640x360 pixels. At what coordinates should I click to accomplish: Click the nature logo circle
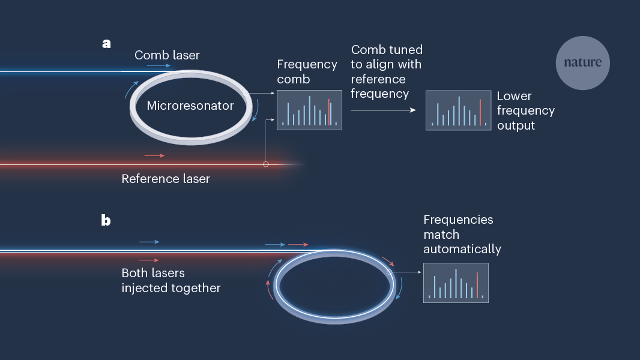582,63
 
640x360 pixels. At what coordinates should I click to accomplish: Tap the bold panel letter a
106,44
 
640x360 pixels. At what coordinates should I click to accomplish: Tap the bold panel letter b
106,220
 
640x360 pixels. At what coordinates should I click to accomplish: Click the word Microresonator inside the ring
190,106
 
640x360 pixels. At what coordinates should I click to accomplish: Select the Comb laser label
167,55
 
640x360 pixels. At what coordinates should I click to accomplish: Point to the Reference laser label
166,179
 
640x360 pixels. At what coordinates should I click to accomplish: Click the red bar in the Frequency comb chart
328,112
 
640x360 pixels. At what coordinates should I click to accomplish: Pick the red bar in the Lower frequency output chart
480,112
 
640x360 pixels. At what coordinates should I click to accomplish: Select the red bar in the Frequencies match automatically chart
477,285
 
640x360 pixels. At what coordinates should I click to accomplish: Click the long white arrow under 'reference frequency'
383,110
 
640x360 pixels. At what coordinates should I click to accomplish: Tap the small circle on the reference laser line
266,164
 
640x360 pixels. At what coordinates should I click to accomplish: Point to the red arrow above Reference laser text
154,155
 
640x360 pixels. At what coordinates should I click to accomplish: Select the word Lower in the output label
515,96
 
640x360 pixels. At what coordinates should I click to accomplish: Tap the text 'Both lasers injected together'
171,281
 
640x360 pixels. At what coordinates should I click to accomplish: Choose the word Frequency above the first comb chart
307,65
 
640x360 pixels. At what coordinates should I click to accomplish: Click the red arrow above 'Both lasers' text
149,260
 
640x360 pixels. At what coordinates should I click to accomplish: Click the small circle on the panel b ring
389,272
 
